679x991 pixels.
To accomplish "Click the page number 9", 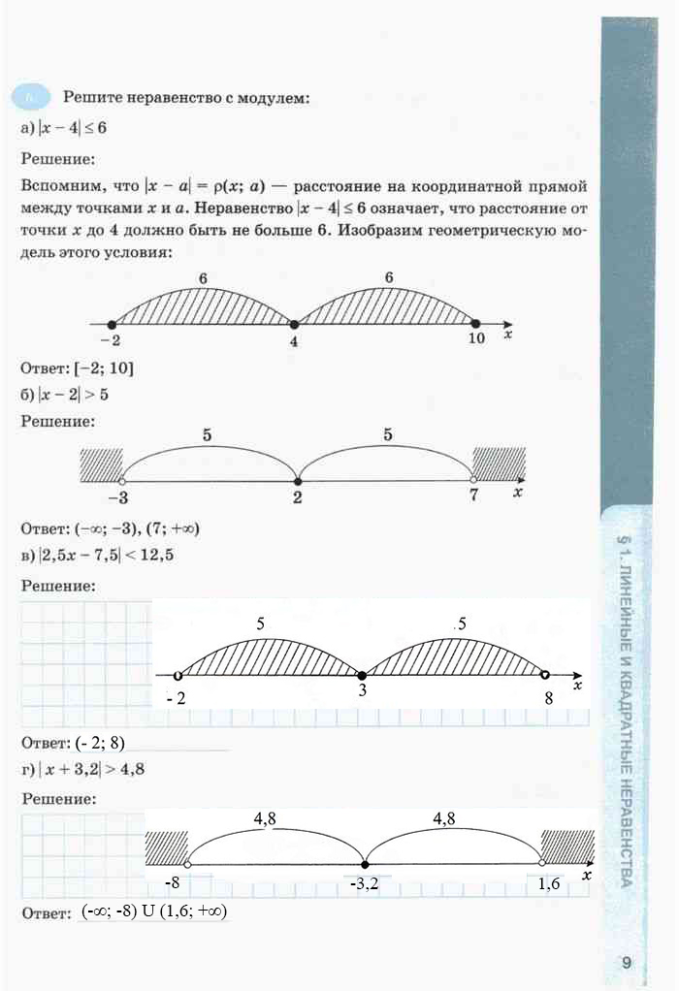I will pos(627,963).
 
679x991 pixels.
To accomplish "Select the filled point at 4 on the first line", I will pos(293,324).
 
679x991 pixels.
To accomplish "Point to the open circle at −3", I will pos(121,480).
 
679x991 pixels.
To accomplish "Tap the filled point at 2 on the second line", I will pos(298,480).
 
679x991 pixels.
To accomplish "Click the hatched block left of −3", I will pos(101,463).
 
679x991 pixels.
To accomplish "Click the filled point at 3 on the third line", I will pos(362,675).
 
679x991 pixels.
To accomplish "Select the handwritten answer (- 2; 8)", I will pos(99,744).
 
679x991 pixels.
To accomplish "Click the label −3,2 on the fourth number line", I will pos(365,883).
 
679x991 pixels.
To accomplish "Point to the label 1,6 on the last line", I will pos(548,883).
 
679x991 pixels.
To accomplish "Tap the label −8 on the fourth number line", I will pos(172,883).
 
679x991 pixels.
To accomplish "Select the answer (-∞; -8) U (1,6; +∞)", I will pos(154,912).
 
